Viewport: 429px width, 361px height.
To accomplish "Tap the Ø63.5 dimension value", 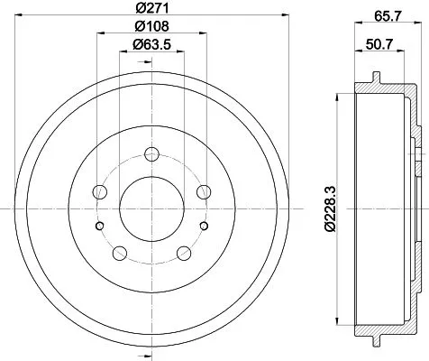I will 151,44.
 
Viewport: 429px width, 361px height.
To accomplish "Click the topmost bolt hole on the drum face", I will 151,153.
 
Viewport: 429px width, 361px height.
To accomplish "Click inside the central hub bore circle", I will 151,207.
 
